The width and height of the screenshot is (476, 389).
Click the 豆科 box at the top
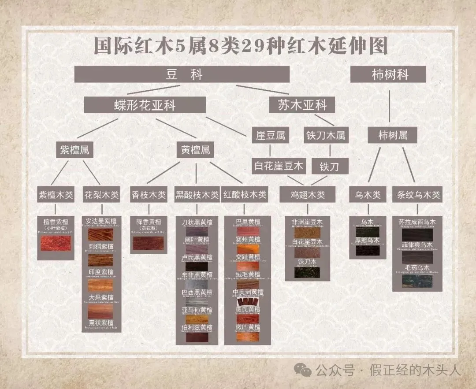[182, 74]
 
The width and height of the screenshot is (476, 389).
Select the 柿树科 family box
[388, 74]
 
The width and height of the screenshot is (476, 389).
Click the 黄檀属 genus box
[195, 150]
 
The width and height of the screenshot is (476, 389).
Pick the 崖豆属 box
[271, 135]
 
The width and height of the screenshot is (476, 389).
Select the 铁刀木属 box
[325, 135]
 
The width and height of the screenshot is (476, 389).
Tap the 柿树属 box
[393, 135]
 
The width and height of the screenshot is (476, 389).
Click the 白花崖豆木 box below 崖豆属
[279, 166]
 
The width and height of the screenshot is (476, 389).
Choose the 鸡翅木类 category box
[308, 194]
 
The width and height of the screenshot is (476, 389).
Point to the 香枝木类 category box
[148, 194]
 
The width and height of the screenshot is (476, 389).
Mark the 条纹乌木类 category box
[417, 194]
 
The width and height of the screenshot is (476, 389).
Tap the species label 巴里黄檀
[248, 222]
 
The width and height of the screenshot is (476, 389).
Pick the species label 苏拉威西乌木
[417, 222]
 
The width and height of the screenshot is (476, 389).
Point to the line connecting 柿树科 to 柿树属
[390, 106]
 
